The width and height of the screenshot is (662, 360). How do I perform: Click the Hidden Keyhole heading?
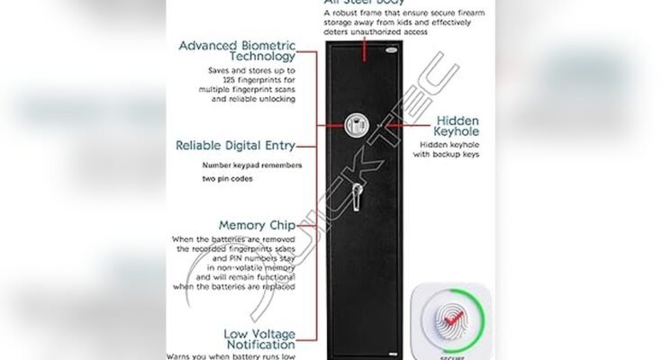(x=469, y=128)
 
